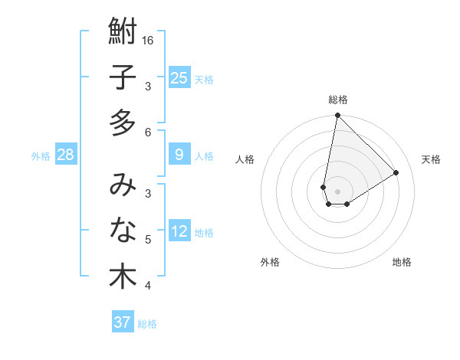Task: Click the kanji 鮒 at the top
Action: (x=123, y=33)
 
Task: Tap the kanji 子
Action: (x=123, y=78)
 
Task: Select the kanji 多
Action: (x=123, y=123)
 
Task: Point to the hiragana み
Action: (x=123, y=185)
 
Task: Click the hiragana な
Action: (x=123, y=230)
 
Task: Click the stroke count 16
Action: (x=148, y=40)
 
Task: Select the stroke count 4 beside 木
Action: (x=148, y=286)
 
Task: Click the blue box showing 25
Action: (x=179, y=78)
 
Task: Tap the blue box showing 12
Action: (x=179, y=232)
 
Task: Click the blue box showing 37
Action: (x=123, y=322)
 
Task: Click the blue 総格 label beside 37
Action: (x=147, y=324)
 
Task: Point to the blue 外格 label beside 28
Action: (x=41, y=156)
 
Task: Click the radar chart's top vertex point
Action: (x=337, y=116)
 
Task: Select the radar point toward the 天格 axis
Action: (x=396, y=172)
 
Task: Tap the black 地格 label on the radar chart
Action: (x=402, y=262)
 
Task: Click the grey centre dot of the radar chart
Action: (x=337, y=191)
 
